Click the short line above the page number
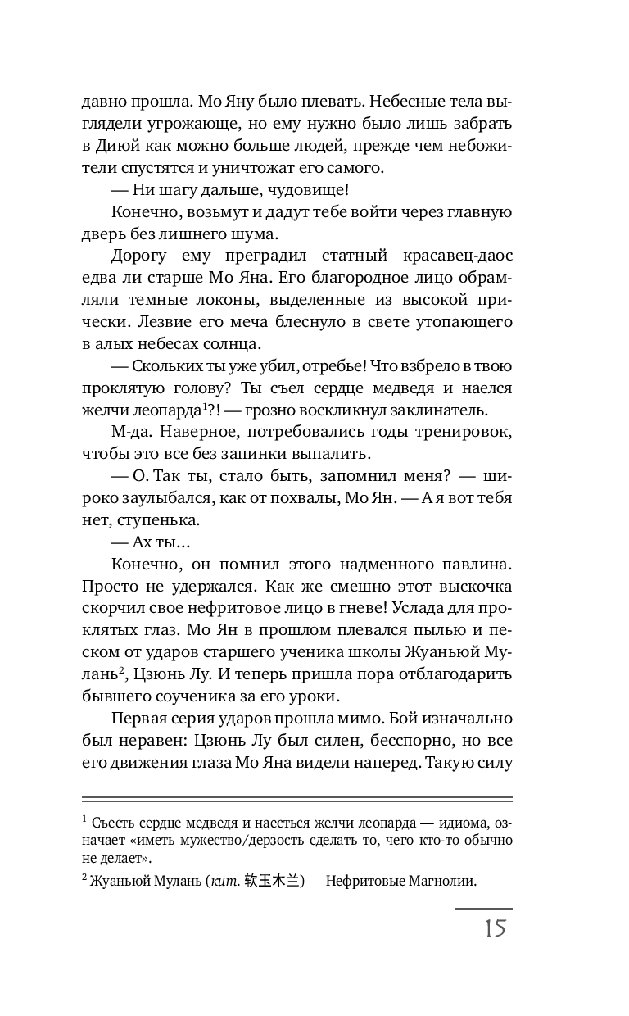click(482, 909)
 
